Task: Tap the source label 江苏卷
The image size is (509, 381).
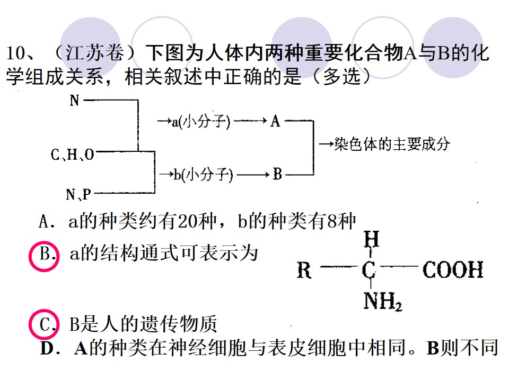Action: pos(94,52)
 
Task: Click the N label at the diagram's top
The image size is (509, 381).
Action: pos(74,101)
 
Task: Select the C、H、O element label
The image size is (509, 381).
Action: pos(73,155)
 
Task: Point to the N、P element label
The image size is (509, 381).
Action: pos(78,194)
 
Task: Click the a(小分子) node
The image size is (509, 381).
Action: pos(201,122)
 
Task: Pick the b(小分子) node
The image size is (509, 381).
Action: pos(204,175)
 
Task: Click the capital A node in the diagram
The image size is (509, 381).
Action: pos(275,121)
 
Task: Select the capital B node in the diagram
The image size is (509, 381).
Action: pos(277,174)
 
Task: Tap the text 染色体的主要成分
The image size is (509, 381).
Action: pos(392,144)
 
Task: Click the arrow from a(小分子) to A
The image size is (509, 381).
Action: pos(250,121)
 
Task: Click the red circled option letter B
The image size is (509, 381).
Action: pos(44,256)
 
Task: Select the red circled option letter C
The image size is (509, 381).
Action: pos(44,324)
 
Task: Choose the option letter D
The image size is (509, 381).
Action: pos(47,349)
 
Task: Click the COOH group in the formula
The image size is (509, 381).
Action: pos(453,269)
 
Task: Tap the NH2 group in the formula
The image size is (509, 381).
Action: pos(383,301)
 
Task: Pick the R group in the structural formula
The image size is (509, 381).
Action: pos(304,270)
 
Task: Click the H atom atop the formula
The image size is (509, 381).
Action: pos(371,239)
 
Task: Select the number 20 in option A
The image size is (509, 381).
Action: pos(188,222)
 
